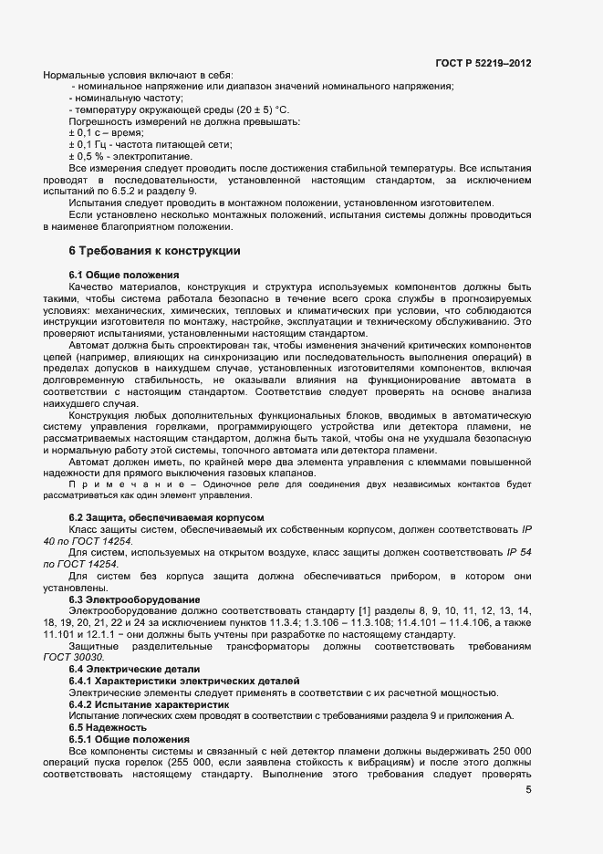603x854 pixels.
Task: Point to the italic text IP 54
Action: click(515, 553)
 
